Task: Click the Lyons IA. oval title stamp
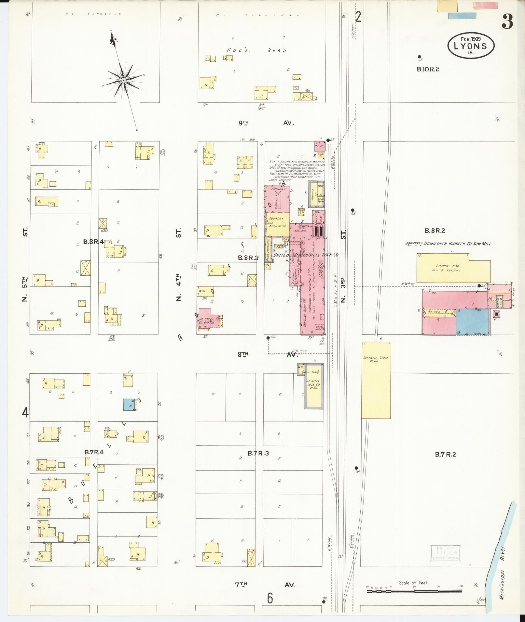pos(471,46)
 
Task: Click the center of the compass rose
pos(124,80)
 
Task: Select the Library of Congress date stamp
pos(445,553)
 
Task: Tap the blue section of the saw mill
pos(472,321)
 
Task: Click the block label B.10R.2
pos(428,69)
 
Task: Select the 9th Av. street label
pos(266,123)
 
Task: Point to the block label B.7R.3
pos(258,454)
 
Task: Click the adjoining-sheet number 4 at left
pos(25,413)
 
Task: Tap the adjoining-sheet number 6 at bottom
pos(270,598)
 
